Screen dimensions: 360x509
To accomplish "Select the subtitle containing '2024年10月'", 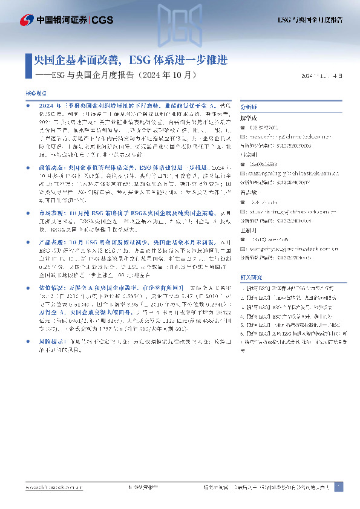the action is click(x=117, y=76).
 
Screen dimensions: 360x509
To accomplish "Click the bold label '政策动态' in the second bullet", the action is click(x=48, y=164).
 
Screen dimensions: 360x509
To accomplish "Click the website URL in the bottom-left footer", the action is click(x=50, y=487).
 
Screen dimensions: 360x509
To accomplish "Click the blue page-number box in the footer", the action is click(x=339, y=487).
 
